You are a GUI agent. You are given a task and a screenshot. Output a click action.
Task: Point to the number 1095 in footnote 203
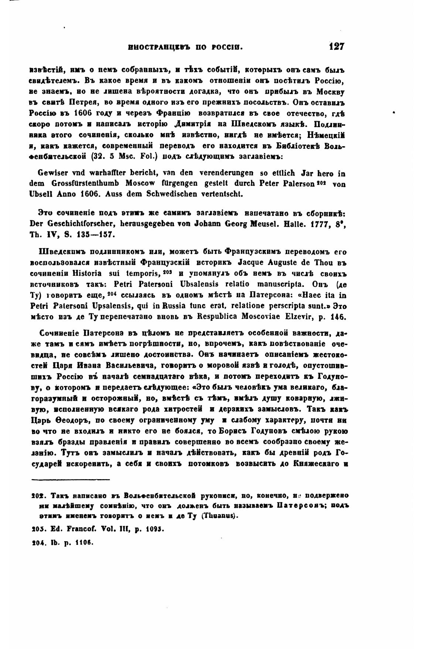point(154,529)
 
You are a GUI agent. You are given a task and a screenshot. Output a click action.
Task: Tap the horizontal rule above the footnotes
point(71,480)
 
